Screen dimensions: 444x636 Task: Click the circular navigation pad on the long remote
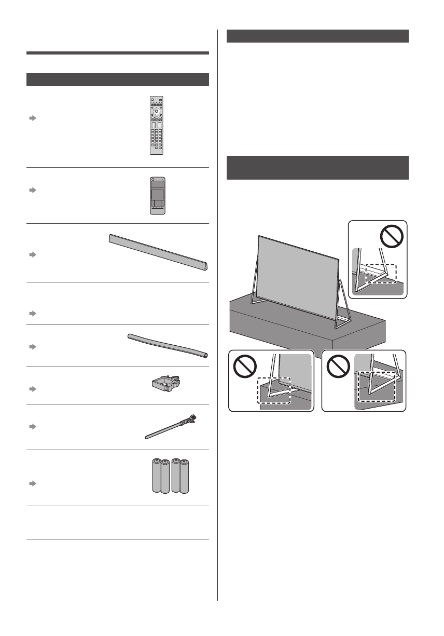coord(156,111)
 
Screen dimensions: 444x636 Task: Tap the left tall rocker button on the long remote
coord(153,126)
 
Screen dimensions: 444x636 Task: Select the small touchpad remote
coord(156,195)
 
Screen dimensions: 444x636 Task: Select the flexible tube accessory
coord(168,345)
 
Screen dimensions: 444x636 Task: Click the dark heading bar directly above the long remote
coord(117,79)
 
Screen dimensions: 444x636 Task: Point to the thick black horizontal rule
coord(117,52)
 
